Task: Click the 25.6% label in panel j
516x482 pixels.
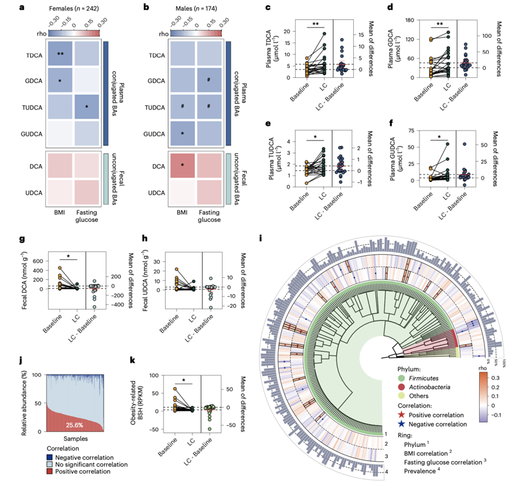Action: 75,426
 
